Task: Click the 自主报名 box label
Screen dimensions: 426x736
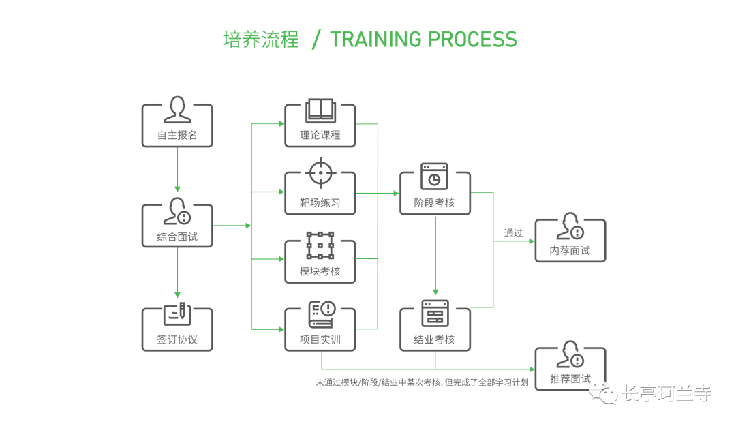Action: point(177,135)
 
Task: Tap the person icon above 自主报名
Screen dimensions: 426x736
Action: point(177,109)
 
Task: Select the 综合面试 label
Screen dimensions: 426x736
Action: point(177,237)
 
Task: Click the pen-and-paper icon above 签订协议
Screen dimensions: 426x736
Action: point(177,313)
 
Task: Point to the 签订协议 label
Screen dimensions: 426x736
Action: point(177,339)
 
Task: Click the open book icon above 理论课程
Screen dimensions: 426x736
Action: point(320,110)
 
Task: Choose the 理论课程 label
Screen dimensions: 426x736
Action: point(320,135)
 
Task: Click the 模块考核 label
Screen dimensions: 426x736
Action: point(320,271)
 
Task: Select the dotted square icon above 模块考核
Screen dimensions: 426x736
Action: point(320,245)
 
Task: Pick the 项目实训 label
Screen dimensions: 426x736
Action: point(320,339)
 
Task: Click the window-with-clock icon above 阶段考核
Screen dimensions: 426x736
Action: point(434,177)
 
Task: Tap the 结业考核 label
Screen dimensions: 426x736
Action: point(434,339)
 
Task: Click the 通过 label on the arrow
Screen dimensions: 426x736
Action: point(513,233)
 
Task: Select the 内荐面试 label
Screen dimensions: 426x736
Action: point(570,250)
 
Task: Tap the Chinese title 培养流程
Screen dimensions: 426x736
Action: point(261,40)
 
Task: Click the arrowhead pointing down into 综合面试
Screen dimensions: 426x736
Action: point(177,188)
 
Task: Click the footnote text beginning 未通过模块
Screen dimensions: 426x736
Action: point(422,382)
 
